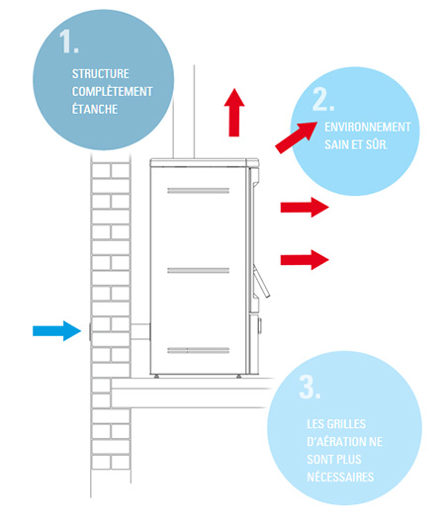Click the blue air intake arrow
(56, 331)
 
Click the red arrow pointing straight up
(234, 113)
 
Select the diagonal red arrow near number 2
(296, 137)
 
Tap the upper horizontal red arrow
(305, 208)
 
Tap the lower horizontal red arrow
(305, 260)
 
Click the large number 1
(68, 42)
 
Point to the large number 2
(323, 99)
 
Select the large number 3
(310, 387)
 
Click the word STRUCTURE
(101, 74)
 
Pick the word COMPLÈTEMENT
(113, 91)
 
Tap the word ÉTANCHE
(95, 109)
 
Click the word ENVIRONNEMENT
(368, 127)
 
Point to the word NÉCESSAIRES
(340, 477)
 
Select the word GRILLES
(346, 424)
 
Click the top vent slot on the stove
(198, 191)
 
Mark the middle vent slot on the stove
(198, 270)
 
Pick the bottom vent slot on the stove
(198, 350)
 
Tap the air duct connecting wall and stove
(139, 331)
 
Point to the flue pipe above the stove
(184, 112)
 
